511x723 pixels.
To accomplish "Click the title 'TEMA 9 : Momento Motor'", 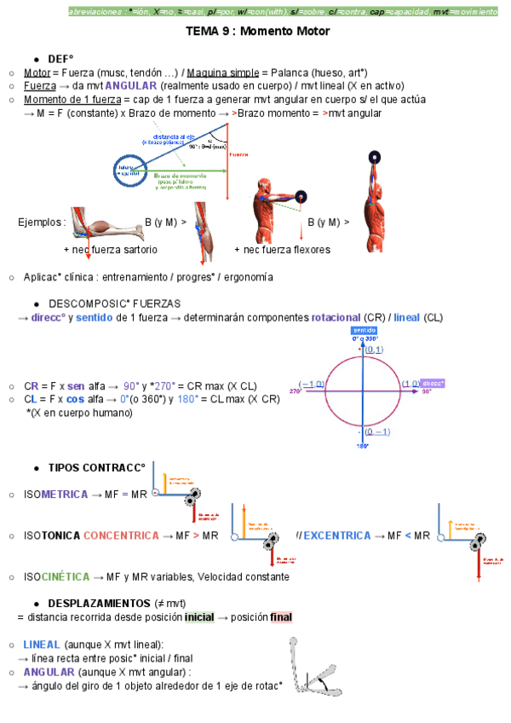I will (257, 32).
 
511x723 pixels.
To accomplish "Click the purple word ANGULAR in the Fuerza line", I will (129, 86).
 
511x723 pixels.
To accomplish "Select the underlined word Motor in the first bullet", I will (37, 72).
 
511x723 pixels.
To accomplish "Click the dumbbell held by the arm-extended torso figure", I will (301, 195).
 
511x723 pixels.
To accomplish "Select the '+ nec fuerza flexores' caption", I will (282, 250).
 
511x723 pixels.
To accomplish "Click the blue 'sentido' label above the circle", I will (364, 330).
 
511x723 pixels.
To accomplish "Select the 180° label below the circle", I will (361, 446).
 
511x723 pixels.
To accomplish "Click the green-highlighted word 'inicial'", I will (199, 616).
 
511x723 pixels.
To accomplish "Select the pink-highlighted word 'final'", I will (281, 616).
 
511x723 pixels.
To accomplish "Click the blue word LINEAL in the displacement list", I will (42, 645).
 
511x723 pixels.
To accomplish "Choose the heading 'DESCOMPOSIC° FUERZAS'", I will (114, 304).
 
